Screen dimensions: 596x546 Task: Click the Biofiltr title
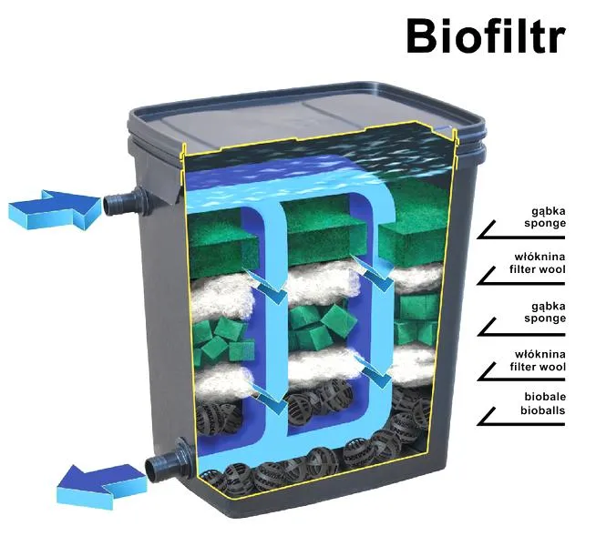pos(486,35)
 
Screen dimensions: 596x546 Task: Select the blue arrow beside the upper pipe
pos(55,209)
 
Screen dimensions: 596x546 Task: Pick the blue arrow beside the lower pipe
pos(101,485)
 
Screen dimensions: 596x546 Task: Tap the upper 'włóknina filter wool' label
pos(538,263)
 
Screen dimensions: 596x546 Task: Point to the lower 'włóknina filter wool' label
pos(538,360)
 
